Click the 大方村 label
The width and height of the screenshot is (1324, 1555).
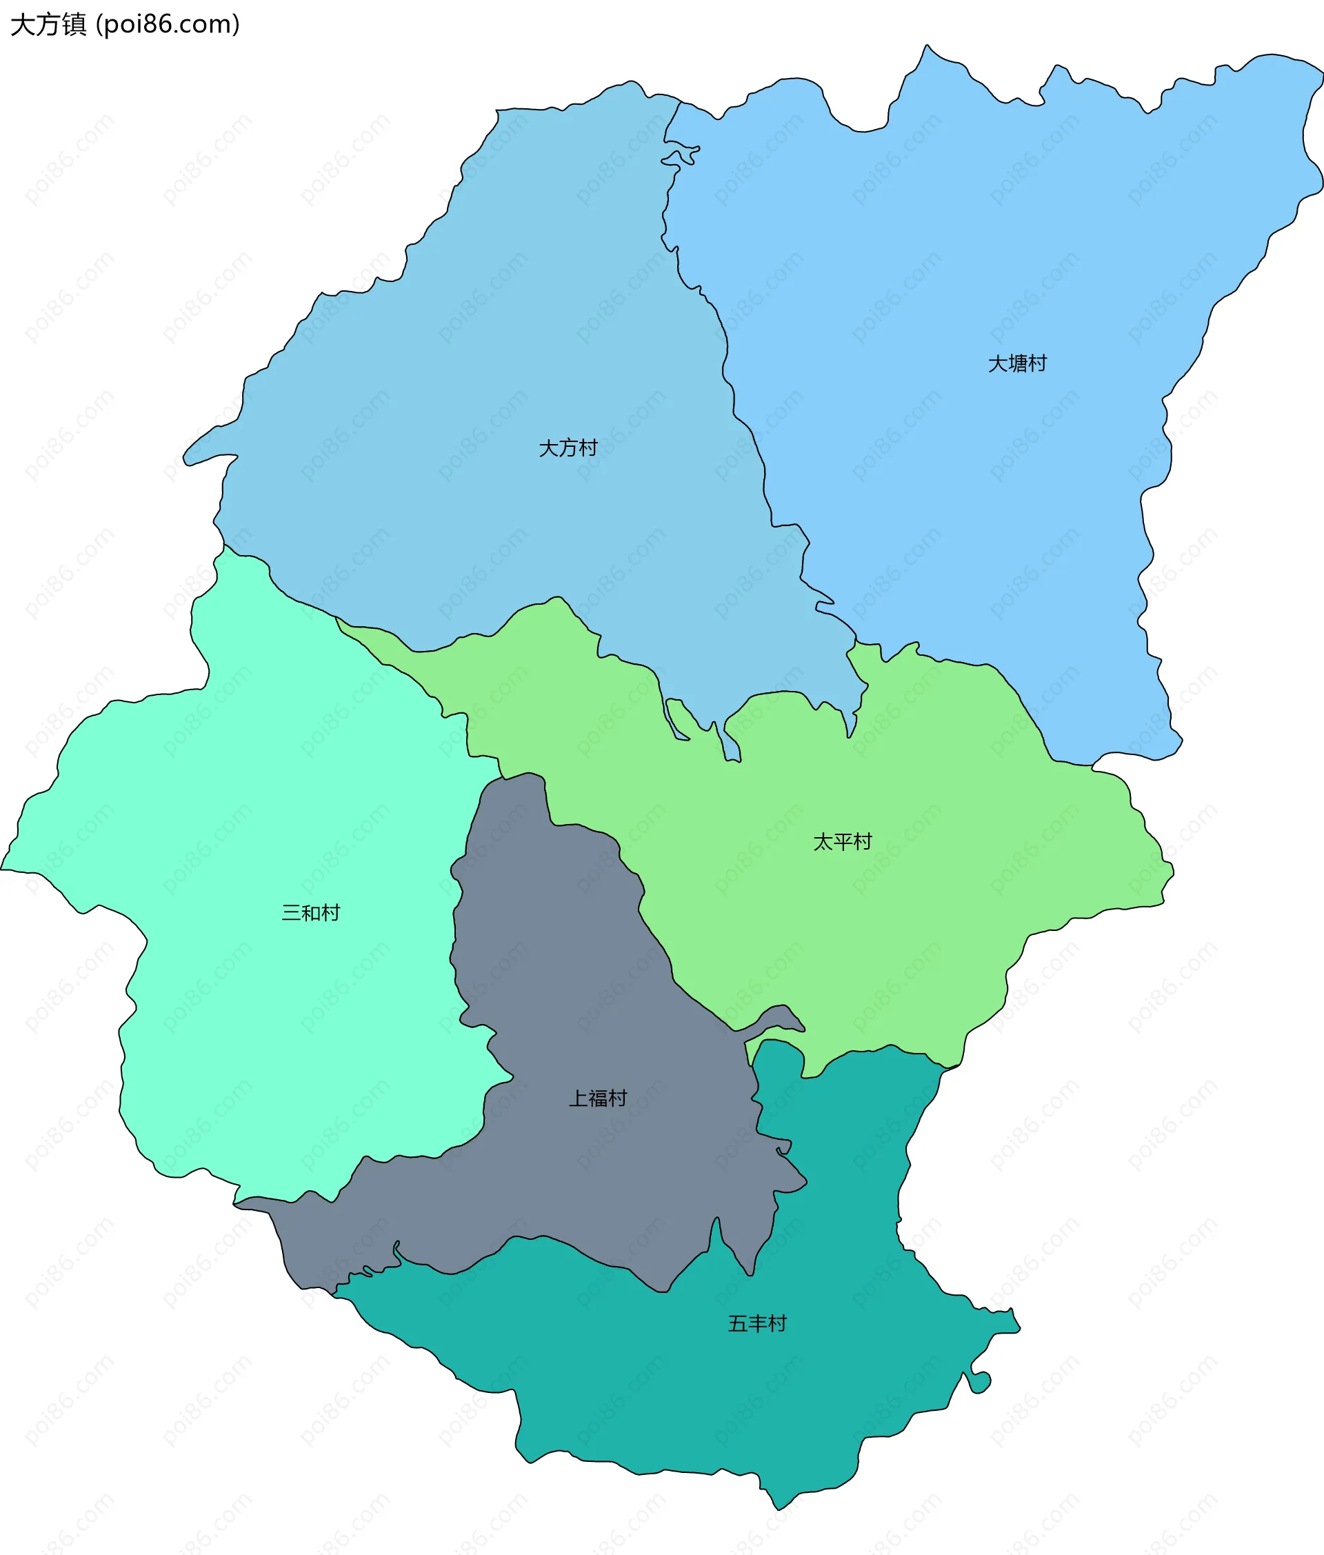point(568,448)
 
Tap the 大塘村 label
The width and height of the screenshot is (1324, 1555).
point(1017,363)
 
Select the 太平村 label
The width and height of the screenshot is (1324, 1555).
point(842,841)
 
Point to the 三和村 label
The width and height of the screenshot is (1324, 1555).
point(311,912)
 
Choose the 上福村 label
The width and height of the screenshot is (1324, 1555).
point(597,1098)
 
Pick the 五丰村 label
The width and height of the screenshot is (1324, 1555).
point(757,1323)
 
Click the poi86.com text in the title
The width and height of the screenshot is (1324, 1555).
point(168,25)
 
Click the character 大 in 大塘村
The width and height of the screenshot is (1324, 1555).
point(998,363)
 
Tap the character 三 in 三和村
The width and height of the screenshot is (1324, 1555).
point(291,912)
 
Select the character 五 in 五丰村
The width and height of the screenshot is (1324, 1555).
point(738,1323)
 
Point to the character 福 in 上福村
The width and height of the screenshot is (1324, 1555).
point(598,1098)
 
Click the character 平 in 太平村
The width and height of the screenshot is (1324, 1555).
point(843,841)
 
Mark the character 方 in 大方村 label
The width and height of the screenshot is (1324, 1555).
point(568,448)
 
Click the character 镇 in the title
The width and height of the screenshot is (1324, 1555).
point(74,25)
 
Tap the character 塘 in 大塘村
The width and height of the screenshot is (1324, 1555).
point(1018,363)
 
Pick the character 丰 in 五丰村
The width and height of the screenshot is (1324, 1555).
point(758,1323)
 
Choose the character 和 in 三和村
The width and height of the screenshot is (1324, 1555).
point(311,912)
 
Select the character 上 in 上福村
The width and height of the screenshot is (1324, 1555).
point(578,1098)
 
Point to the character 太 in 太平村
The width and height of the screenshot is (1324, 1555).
point(823,841)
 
